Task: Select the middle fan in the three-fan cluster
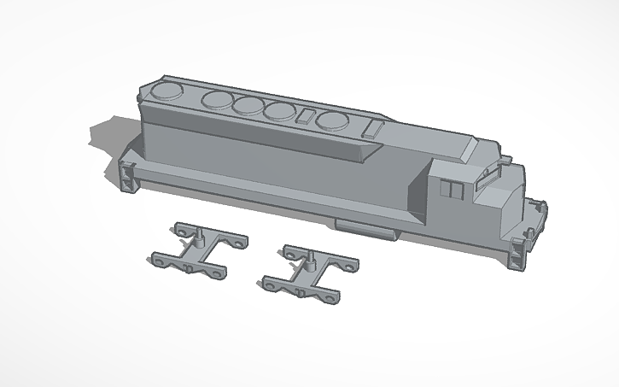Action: (x=248, y=106)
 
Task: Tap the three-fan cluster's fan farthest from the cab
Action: (x=218, y=100)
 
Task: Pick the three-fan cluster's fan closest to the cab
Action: (x=278, y=111)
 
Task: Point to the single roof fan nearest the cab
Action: (x=332, y=121)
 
